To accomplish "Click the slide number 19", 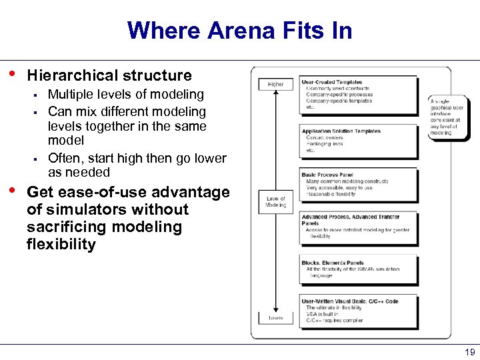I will point(469,352).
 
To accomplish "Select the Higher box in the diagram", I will point(275,85).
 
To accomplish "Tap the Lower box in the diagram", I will point(275,318).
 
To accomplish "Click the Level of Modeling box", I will point(275,202).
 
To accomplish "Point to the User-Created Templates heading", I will point(332,82).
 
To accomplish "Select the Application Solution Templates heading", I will point(341,131).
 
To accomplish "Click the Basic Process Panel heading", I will point(327,175).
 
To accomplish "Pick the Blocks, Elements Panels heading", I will point(333,263).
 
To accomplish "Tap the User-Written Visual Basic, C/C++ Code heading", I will point(349,301).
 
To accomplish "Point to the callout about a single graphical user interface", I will point(447,117).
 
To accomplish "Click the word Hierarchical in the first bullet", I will point(67,75).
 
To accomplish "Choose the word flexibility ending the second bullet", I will point(61,244).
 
